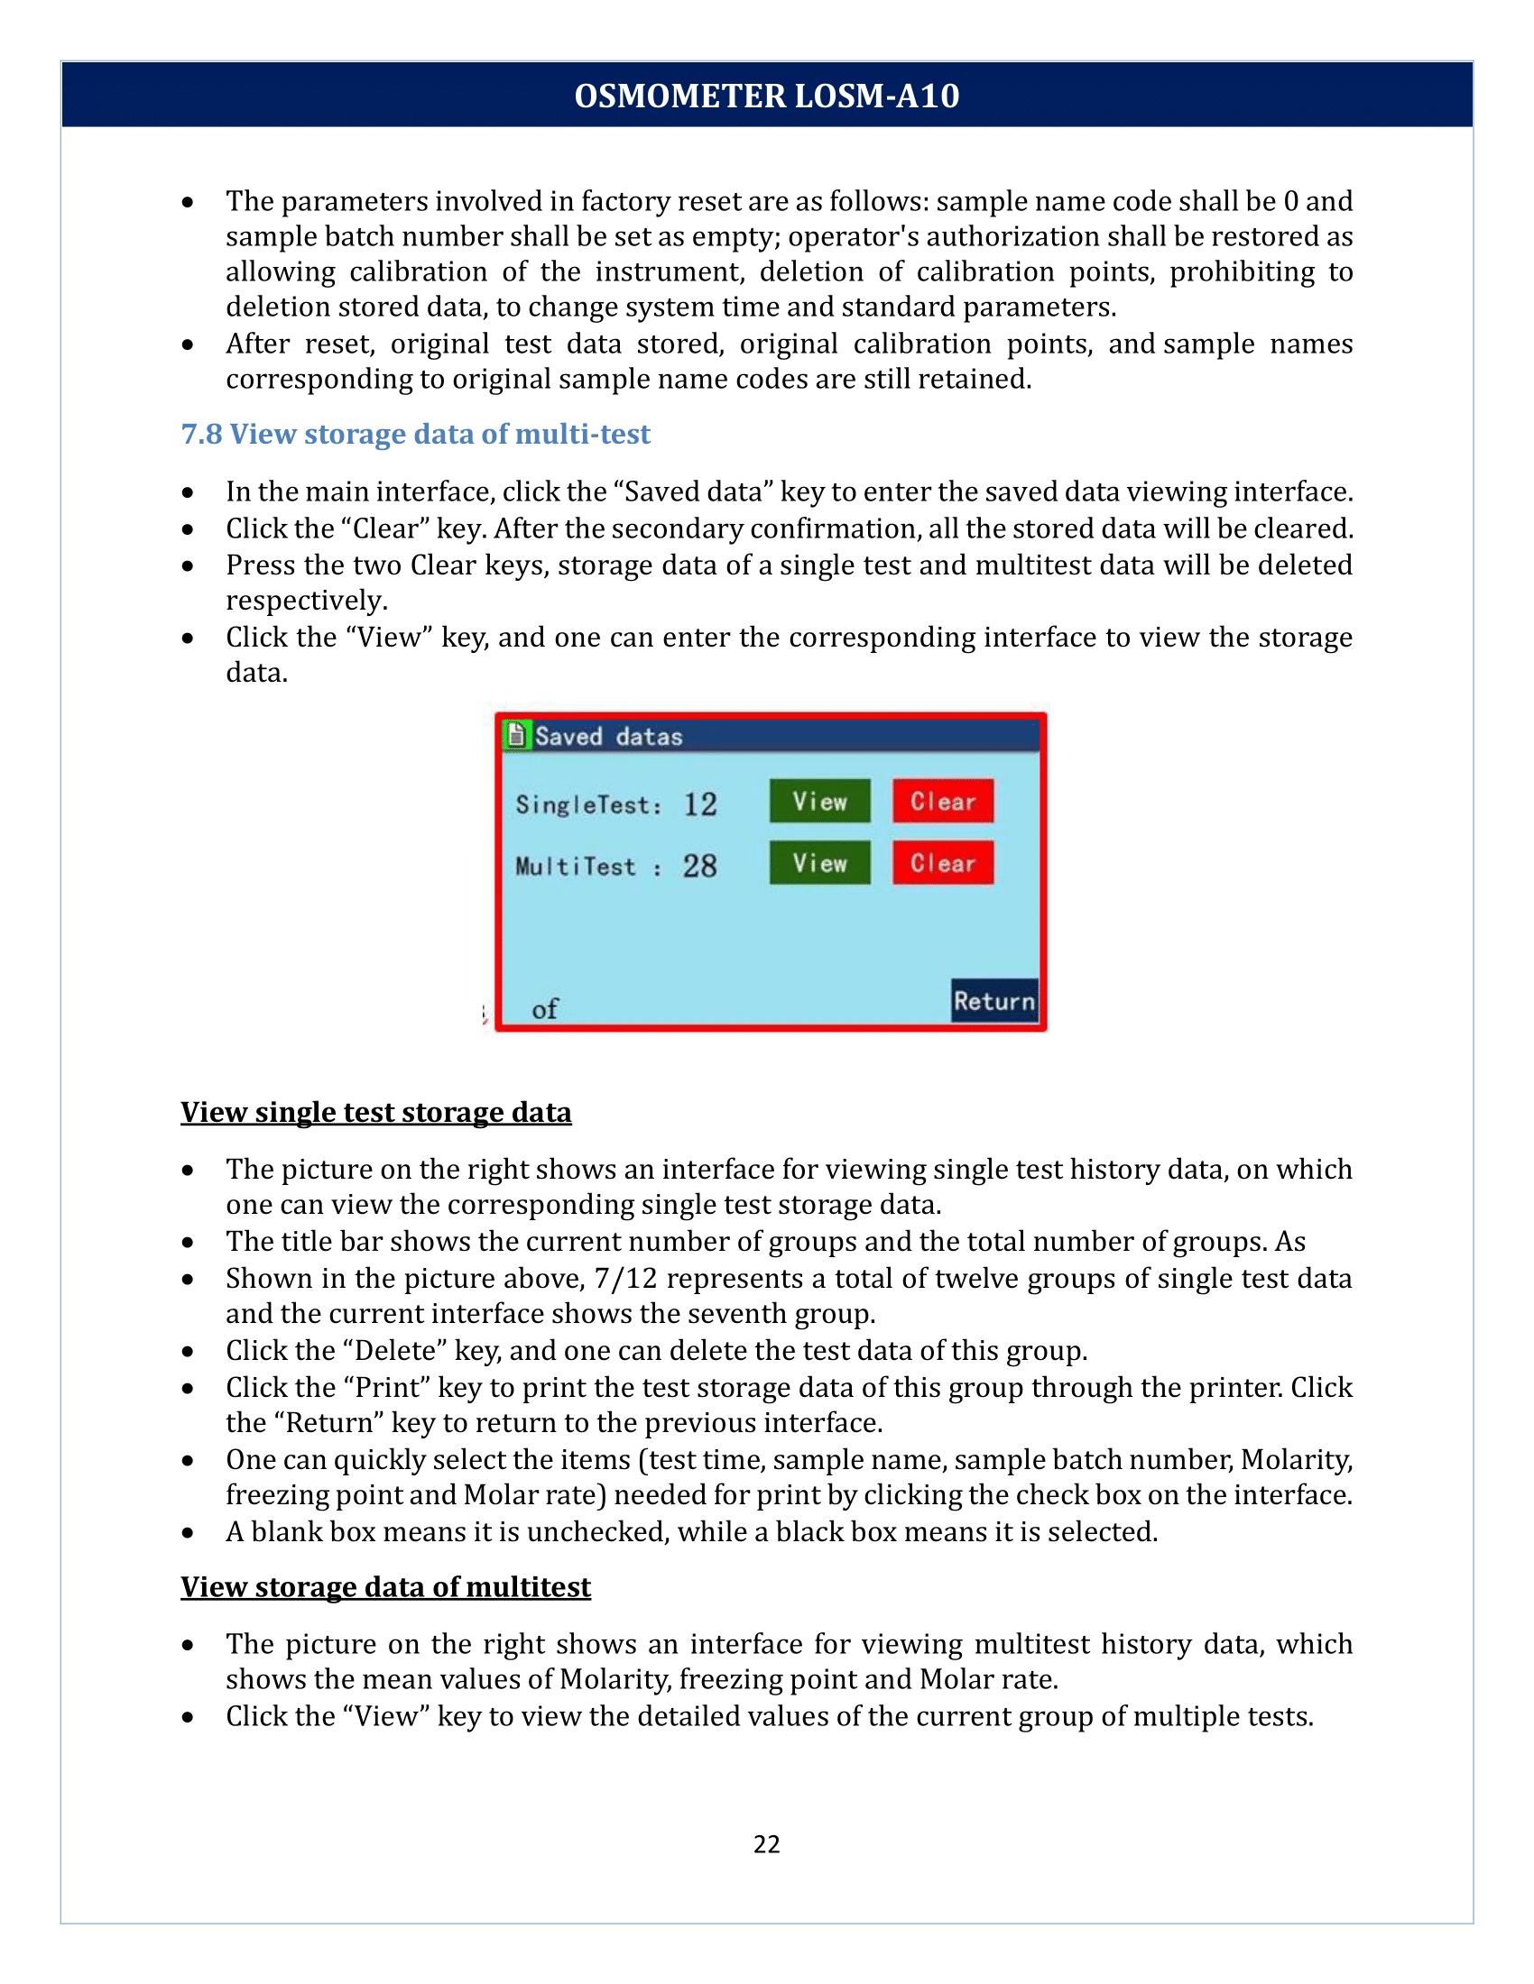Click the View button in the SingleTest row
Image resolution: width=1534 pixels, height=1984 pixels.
818,800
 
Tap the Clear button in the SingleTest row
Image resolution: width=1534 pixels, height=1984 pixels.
942,800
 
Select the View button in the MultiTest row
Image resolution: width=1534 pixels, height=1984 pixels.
818,862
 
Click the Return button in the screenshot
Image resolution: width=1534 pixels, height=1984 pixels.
994,1000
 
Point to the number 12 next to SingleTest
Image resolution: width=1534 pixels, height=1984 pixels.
699,804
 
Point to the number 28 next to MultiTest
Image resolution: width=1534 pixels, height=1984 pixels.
699,866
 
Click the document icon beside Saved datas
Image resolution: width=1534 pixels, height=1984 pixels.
516,734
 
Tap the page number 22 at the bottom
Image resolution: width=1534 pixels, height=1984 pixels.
766,1843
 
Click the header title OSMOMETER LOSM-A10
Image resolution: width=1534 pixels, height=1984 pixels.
766,96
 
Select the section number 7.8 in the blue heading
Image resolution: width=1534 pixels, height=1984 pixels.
201,435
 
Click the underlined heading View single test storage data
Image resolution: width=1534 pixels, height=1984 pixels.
375,1112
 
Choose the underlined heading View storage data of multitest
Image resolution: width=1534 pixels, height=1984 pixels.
385,1586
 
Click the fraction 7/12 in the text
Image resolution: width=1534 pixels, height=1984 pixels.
625,1278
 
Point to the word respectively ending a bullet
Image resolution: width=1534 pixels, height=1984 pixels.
306,601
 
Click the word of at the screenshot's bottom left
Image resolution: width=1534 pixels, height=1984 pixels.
544,1009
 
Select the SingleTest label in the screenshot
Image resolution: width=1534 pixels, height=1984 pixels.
588,804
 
